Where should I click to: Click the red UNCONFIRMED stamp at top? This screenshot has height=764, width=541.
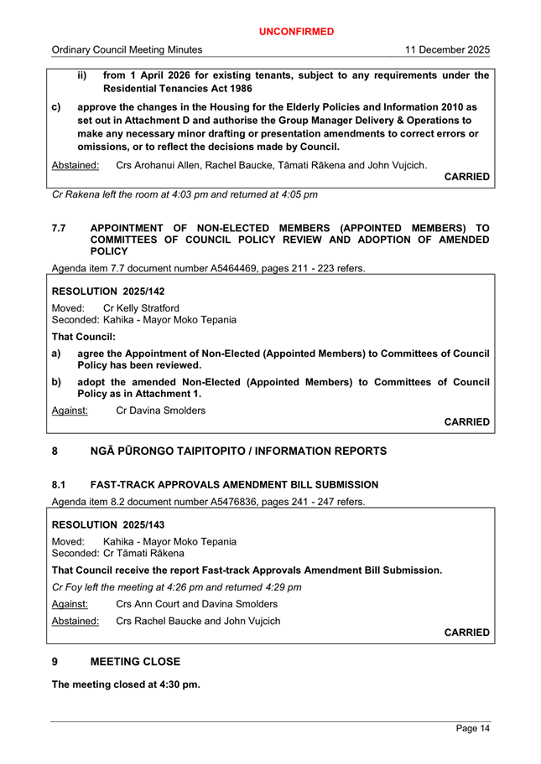(295, 32)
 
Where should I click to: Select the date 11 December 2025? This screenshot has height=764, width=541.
(447, 50)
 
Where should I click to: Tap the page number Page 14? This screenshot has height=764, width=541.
(473, 729)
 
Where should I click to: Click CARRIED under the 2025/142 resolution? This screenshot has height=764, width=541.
(466, 422)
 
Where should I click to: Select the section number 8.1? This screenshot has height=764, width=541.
(60, 485)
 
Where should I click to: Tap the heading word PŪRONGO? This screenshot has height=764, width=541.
(148, 452)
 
